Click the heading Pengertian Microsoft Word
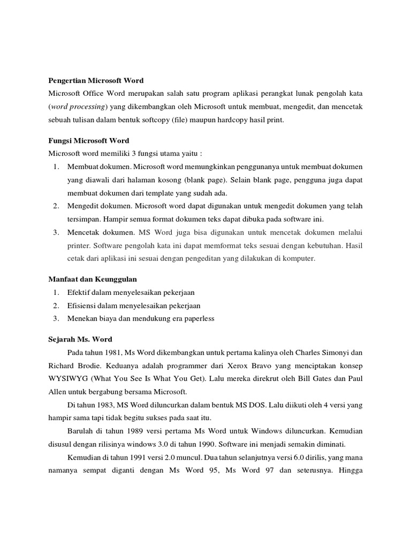tap(96, 81)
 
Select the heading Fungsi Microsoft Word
tap(88, 141)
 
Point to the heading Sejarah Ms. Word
tap(80, 339)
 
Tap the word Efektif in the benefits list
tap(79, 292)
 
